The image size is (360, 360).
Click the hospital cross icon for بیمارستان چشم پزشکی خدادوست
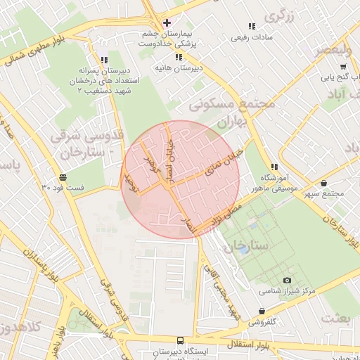pos(167,22)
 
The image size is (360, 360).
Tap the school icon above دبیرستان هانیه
pos(179,57)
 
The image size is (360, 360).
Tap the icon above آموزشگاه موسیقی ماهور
pos(274,167)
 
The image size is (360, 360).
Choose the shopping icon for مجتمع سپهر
pos(323,184)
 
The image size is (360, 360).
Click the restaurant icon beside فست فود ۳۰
pos(63,177)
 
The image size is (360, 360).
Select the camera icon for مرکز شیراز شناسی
pos(287,281)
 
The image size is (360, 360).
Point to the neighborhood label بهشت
pos(335,318)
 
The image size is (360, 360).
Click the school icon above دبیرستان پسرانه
pos(105,60)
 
